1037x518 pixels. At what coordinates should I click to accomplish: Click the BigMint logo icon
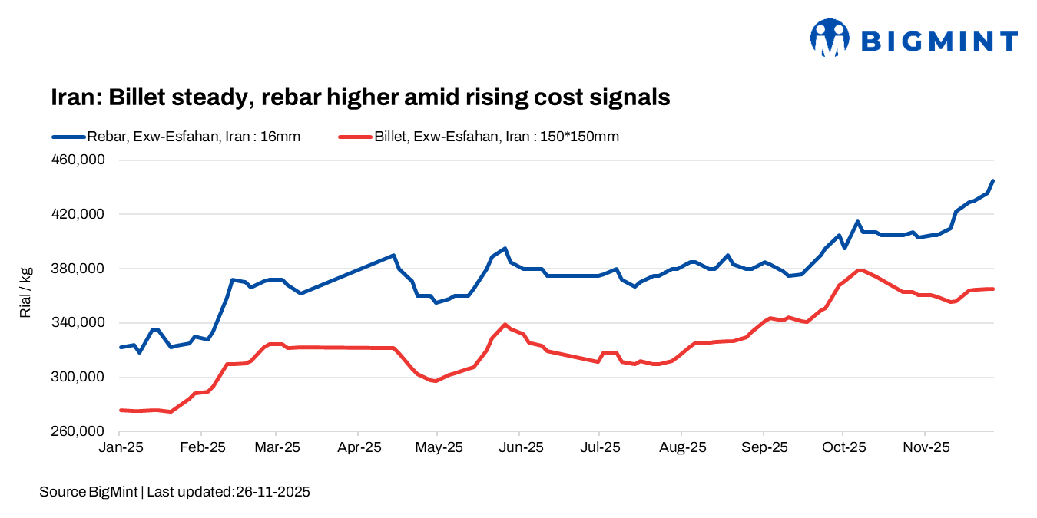tap(830, 38)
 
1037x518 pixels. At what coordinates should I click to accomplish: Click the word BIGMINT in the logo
tap(938, 41)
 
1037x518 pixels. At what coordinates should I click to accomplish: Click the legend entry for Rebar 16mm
tap(176, 137)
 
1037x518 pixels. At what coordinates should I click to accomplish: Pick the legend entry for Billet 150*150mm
tap(478, 137)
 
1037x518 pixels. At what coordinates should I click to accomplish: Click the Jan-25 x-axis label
tap(120, 447)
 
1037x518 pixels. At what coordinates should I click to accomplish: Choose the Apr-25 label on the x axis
tap(358, 447)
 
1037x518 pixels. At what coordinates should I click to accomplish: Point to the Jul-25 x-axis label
tap(599, 447)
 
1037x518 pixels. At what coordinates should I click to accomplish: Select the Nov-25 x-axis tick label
tap(925, 447)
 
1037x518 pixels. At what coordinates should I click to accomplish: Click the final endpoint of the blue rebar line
tap(993, 181)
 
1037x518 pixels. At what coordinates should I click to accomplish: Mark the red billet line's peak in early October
tap(860, 270)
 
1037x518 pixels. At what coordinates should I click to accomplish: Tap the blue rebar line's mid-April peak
tap(393, 255)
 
